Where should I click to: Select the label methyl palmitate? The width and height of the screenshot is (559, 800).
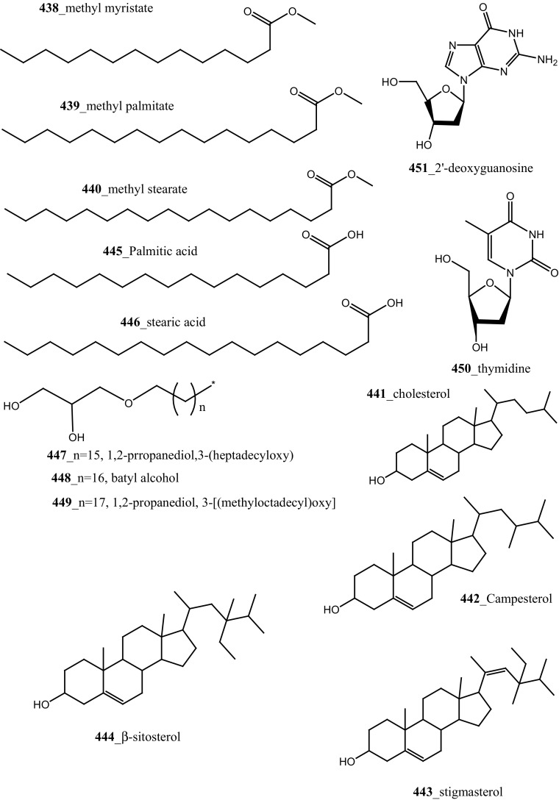[129, 107]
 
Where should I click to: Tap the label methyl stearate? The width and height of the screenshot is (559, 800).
[146, 190]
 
